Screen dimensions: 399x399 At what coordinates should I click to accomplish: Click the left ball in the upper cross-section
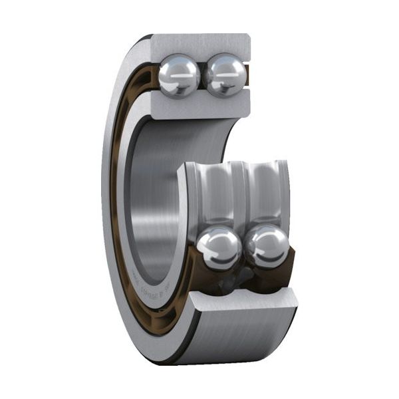179,74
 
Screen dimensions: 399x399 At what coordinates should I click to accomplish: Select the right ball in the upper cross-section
224,74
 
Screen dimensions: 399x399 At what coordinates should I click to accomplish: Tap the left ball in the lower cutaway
219,247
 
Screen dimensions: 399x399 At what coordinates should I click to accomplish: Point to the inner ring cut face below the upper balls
199,106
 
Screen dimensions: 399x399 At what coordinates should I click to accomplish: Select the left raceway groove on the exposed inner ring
214,193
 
